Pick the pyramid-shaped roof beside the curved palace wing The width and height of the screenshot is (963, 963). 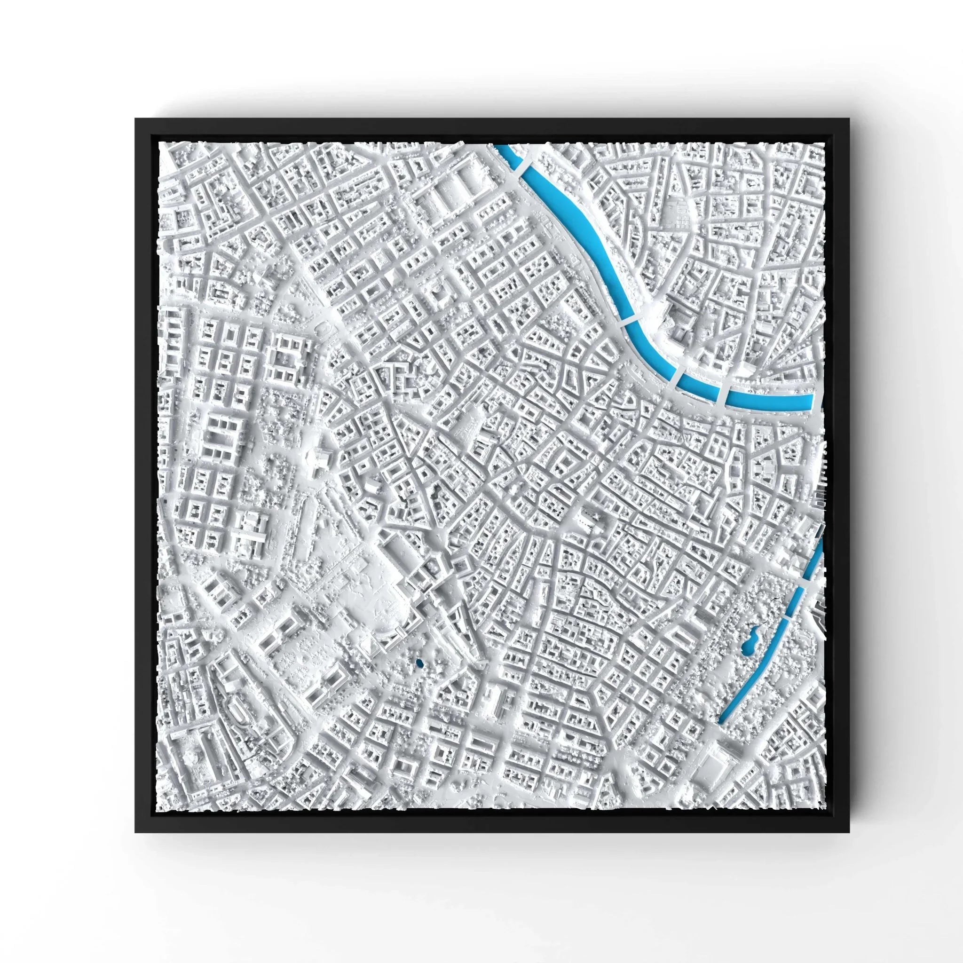[373, 647]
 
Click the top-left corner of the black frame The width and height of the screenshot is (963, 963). [135, 119]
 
